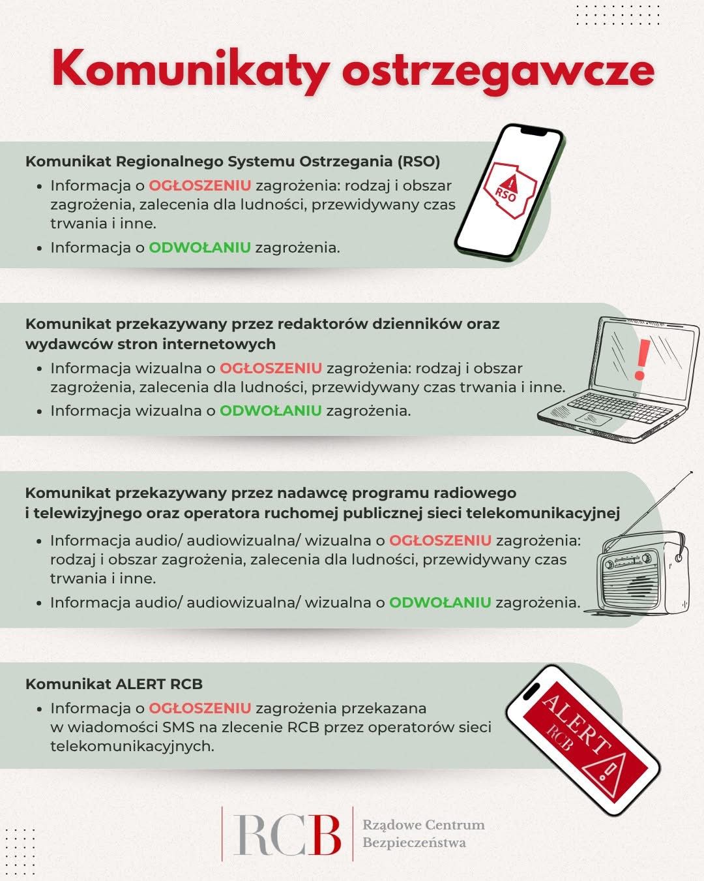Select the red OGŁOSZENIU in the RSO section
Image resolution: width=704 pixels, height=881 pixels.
click(199, 185)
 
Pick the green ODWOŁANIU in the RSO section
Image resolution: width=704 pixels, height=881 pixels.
click(199, 247)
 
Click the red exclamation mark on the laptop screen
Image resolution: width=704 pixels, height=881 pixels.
click(641, 360)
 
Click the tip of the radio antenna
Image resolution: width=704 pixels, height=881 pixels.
click(690, 472)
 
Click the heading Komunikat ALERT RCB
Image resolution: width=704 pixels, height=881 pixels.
click(114, 684)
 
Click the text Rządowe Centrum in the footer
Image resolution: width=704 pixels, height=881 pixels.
click(424, 825)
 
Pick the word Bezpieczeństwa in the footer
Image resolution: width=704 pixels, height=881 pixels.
click(415, 842)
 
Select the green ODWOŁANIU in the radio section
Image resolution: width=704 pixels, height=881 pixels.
click(440, 602)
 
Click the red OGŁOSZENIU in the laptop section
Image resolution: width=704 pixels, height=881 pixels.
click(271, 368)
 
